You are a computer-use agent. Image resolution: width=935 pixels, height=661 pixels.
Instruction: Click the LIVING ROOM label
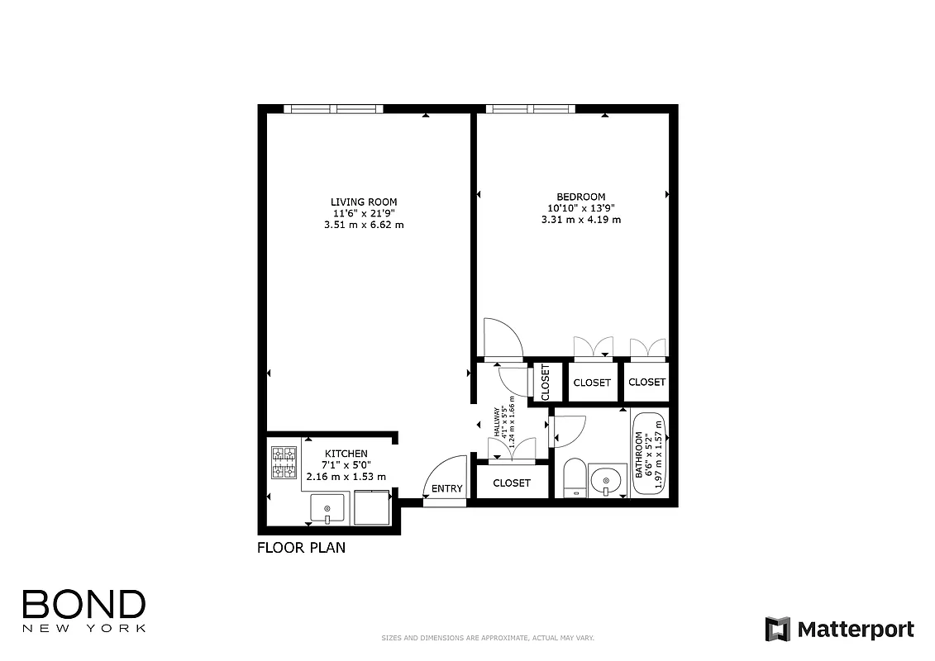tap(364, 202)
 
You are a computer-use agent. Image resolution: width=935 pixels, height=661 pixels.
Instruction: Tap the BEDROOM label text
tap(580, 197)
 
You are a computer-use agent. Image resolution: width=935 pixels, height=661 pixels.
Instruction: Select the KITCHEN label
tap(346, 454)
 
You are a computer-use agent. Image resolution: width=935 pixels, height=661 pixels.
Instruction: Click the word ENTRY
tap(447, 488)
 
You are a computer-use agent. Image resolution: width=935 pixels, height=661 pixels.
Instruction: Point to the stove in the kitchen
tap(284, 463)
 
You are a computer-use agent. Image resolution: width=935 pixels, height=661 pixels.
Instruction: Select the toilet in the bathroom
tap(574, 480)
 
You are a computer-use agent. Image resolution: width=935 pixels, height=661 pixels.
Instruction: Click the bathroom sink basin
tap(607, 480)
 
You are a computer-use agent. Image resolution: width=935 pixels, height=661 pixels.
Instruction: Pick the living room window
tap(333, 109)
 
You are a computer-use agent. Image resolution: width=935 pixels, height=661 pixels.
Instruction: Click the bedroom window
tap(531, 109)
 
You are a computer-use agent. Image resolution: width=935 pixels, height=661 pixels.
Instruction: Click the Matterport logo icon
tap(777, 629)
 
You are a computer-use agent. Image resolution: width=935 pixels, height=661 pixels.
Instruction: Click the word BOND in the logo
tap(83, 605)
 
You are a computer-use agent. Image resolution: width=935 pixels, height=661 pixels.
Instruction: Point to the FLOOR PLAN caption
tap(301, 547)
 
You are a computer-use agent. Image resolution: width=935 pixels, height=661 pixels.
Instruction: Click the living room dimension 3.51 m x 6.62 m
tap(364, 225)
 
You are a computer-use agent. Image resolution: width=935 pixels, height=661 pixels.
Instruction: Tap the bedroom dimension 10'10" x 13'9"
tap(580, 208)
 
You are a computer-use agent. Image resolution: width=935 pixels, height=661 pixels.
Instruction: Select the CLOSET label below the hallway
tap(511, 483)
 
